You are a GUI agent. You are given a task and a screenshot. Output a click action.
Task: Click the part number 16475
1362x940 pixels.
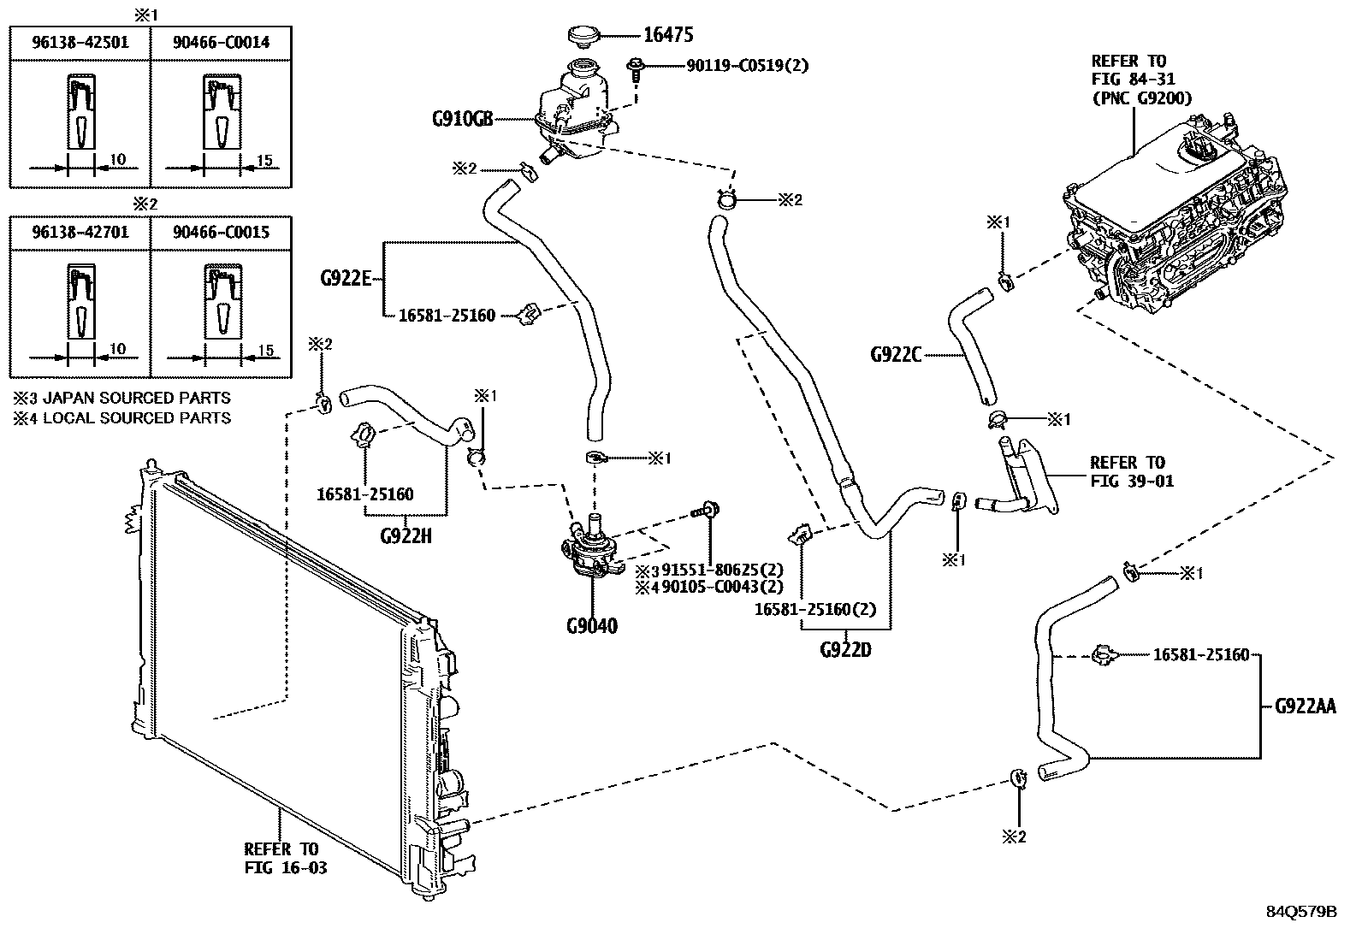point(667,35)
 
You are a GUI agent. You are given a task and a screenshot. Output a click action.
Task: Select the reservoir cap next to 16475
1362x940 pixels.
point(583,35)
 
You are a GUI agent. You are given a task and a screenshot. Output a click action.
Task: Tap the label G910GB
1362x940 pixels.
point(462,119)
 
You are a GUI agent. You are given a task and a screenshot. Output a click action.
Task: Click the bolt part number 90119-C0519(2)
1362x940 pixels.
point(747,66)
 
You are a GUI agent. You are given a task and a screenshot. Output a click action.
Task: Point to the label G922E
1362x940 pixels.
point(346,279)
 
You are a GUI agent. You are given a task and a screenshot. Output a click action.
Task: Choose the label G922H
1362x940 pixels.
point(406,536)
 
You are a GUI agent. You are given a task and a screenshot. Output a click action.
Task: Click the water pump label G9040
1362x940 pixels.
point(592,625)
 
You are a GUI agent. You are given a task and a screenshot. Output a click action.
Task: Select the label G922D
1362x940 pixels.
point(845,650)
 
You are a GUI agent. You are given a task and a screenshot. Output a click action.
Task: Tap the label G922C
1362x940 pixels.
point(896,355)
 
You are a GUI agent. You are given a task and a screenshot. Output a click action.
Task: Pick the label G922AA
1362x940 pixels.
point(1306,706)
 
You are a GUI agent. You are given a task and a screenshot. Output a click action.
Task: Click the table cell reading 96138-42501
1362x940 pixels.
point(80,43)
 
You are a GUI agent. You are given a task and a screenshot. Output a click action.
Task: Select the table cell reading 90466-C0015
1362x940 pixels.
point(221,233)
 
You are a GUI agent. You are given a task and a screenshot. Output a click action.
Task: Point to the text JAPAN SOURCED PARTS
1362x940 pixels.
point(137,399)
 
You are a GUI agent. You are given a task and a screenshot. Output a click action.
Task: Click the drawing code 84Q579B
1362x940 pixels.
point(1301,912)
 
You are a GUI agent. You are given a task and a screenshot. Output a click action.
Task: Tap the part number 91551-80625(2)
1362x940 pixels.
point(722,571)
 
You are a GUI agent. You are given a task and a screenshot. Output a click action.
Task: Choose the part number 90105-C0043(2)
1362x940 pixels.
point(722,588)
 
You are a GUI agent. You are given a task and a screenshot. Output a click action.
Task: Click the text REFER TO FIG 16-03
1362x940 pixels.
point(285,858)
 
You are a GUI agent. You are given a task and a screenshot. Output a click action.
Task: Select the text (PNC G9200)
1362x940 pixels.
point(1142,98)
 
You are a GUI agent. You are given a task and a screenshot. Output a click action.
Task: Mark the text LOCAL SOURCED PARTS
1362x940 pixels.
point(137,418)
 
